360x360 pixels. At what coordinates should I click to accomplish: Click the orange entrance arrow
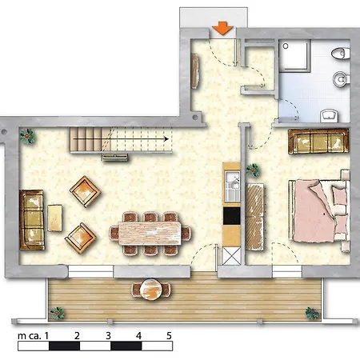pos(222,28)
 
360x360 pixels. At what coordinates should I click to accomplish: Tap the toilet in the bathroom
pos(341,53)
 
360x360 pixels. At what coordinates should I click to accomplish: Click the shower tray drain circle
pos(286,46)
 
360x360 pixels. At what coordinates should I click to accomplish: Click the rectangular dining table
pos(150,233)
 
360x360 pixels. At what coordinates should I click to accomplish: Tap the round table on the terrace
pos(150,290)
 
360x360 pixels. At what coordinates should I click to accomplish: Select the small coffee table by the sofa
pos(54,218)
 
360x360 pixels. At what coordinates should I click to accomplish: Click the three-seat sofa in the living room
pos(32,220)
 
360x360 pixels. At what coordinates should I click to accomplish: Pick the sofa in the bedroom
pos(318,141)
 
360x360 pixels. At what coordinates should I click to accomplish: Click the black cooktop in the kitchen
pos(231,216)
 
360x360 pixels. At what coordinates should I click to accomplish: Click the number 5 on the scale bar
pos(169,336)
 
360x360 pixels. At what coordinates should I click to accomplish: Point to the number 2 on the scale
pos(77,336)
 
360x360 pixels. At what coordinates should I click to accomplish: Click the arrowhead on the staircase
pos(166,139)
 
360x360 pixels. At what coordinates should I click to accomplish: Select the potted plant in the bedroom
pos(253,170)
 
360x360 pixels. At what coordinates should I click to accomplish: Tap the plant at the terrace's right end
pos(312,313)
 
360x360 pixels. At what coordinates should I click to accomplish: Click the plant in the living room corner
pos(27,136)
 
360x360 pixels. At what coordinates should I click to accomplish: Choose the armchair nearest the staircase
pos(85,191)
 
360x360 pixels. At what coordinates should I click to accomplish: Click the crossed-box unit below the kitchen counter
pos(231,256)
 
